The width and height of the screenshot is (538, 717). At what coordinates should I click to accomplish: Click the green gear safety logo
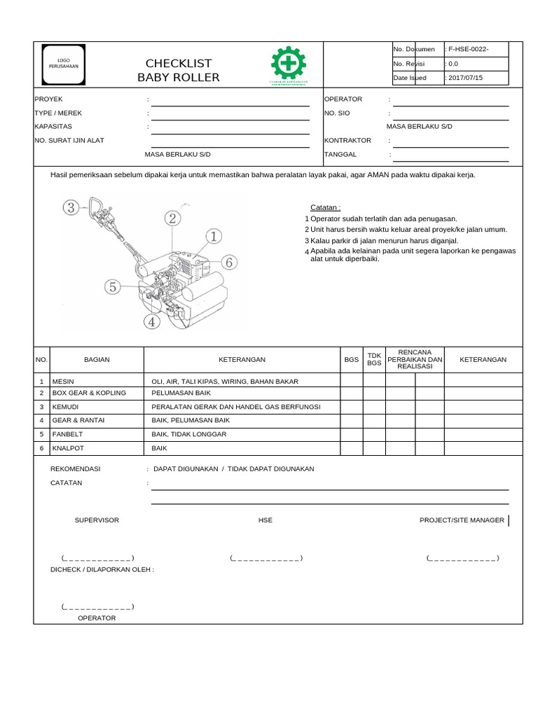click(288, 64)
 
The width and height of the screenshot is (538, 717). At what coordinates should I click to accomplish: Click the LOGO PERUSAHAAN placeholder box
click(64, 63)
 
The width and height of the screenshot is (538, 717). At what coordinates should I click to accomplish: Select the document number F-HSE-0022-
click(469, 49)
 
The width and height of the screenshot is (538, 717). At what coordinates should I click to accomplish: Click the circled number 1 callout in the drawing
click(214, 236)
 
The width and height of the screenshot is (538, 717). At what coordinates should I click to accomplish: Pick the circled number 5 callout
click(113, 286)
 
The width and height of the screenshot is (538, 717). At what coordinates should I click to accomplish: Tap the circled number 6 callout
click(230, 262)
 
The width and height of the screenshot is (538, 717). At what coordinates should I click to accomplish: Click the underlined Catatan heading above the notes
click(326, 207)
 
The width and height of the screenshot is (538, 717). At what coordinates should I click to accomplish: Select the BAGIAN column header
click(97, 359)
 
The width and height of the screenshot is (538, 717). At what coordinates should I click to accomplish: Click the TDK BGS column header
click(374, 359)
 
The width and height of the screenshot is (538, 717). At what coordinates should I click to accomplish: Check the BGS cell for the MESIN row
click(351, 381)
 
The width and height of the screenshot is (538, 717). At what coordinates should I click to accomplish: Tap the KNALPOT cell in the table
click(67, 447)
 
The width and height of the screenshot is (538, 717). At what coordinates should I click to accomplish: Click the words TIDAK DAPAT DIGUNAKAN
click(271, 468)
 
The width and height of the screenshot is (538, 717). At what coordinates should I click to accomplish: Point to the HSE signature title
click(265, 520)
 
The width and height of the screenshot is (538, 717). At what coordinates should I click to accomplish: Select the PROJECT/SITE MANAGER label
click(462, 520)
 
